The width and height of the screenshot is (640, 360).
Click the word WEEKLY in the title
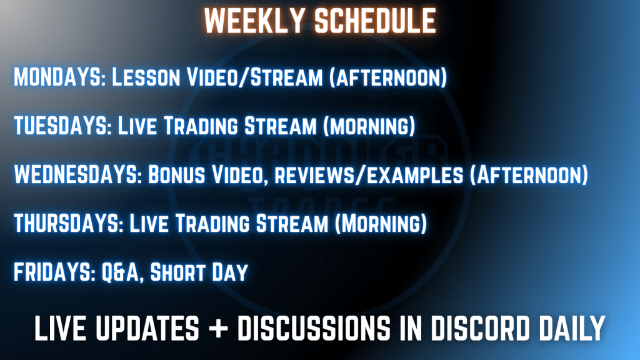[255, 21]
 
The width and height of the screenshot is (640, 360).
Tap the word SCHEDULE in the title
[376, 21]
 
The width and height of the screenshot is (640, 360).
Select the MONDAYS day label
[59, 77]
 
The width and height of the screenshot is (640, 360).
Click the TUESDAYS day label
[62, 125]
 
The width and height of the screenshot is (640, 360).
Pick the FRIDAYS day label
[54, 272]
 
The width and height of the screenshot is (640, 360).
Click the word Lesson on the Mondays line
[146, 77]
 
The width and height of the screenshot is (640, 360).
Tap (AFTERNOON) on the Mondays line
[388, 77]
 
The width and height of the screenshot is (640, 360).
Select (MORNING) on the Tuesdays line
[369, 126]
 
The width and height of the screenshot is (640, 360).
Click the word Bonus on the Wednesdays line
[176, 174]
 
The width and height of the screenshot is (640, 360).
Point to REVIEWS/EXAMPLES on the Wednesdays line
[369, 175]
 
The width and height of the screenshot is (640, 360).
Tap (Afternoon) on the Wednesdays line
[529, 175]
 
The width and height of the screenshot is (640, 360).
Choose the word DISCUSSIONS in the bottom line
[314, 327]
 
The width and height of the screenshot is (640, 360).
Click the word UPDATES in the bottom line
[147, 327]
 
